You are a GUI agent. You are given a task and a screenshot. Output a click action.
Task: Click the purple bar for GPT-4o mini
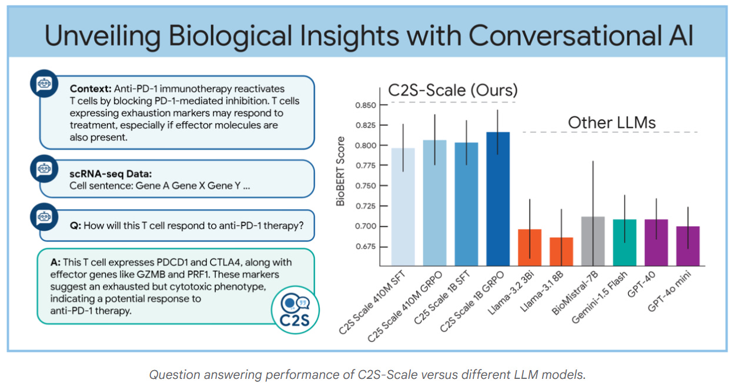(x=687, y=246)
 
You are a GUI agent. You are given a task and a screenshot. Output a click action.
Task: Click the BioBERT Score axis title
(x=341, y=171)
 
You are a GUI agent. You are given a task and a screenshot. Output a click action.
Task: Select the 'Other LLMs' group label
(x=611, y=123)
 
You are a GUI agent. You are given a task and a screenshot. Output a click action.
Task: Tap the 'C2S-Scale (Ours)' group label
(x=453, y=91)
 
